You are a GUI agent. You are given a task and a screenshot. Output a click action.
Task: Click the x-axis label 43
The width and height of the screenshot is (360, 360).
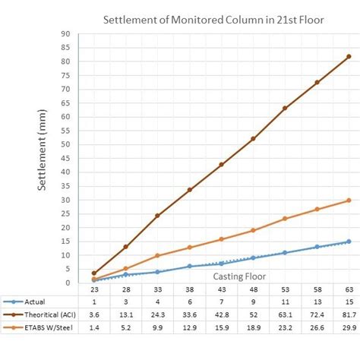tap(221, 289)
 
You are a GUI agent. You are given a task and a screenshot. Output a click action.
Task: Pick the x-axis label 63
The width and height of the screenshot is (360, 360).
tap(349, 289)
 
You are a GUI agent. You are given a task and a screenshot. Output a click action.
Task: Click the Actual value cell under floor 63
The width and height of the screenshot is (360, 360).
tap(349, 302)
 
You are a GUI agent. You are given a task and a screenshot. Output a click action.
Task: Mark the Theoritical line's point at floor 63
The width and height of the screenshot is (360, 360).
tap(349, 56)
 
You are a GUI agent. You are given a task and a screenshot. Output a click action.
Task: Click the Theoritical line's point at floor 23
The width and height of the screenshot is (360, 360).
tap(94, 273)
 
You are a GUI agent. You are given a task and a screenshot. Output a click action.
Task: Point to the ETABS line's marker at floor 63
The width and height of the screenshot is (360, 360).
tap(349, 201)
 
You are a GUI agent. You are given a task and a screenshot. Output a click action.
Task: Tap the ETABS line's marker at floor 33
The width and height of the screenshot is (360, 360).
tap(157, 256)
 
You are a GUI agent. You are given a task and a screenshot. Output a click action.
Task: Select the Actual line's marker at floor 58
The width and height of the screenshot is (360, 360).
tap(317, 247)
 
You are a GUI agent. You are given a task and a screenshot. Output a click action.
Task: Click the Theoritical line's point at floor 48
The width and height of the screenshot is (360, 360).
tap(253, 139)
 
